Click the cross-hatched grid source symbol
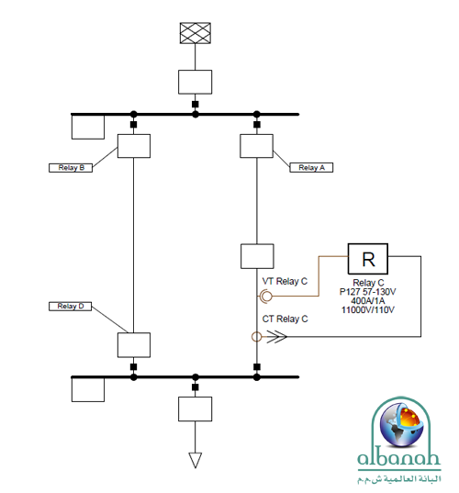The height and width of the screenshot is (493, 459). click(195, 33)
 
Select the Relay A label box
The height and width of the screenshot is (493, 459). click(311, 168)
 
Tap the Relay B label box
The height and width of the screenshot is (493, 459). click(71, 168)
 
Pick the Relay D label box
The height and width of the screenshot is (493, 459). click(70, 307)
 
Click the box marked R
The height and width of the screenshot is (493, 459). click(367, 259)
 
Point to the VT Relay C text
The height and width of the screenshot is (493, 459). click(285, 282)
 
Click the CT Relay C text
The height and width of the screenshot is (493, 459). click(285, 319)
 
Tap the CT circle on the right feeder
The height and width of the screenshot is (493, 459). click(256, 337)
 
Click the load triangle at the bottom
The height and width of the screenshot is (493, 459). click(195, 460)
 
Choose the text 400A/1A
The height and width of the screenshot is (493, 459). click(367, 301)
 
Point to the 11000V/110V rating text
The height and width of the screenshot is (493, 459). click(367, 310)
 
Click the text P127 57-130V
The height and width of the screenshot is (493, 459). click(367, 292)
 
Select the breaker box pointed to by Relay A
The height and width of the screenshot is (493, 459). click(256, 146)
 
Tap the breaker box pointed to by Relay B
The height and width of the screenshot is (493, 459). click(134, 146)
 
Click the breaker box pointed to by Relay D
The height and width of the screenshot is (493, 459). click(134, 345)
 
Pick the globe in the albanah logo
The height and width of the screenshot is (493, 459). click(401, 425)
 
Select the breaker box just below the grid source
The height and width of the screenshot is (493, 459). click(195, 82)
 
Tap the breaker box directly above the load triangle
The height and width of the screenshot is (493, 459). click(195, 409)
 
